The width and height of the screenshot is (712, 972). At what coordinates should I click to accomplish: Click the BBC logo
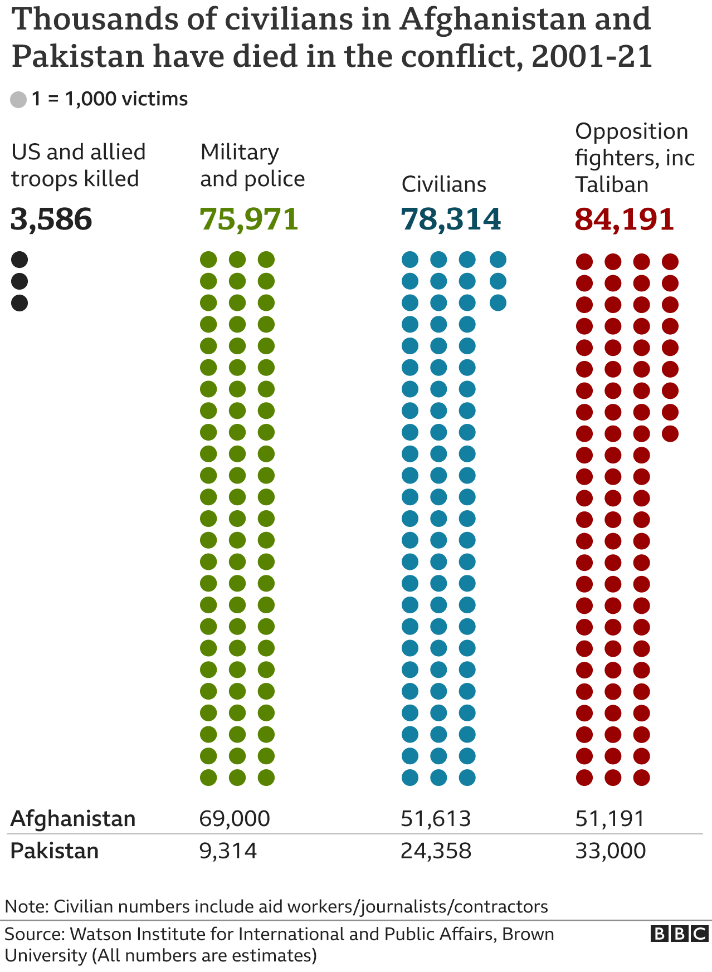coord(679,934)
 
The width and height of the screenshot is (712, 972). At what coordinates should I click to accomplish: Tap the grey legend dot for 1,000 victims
coord(18,100)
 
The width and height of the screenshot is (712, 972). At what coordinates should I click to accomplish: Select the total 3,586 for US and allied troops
coord(51,219)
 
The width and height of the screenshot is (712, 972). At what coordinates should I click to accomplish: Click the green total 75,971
coord(250,219)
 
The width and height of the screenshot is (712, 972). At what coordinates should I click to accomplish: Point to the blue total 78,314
coord(451,219)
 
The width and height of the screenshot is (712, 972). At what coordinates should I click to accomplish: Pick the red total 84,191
coord(625,219)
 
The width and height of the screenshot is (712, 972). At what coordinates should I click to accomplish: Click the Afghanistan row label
coord(73,819)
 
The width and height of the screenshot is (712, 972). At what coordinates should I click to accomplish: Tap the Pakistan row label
coord(55,851)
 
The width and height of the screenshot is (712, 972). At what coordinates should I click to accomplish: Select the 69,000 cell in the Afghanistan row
coord(235,819)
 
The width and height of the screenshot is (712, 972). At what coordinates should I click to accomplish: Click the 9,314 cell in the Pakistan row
coord(228,851)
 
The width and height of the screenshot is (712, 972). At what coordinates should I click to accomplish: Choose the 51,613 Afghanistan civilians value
coord(436,819)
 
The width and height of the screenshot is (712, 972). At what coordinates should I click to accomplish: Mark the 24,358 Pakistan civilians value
coord(436,851)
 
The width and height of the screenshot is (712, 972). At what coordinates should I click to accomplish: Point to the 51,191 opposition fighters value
coord(610,819)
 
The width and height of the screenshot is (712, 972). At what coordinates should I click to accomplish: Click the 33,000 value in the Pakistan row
coord(611,851)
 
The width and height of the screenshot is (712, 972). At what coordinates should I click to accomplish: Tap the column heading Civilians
coord(444,184)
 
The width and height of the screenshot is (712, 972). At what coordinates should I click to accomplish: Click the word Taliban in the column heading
coord(612,184)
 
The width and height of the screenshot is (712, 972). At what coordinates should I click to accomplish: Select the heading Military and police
coord(252,165)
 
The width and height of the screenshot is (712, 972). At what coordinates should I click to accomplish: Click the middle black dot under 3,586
coord(19,281)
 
